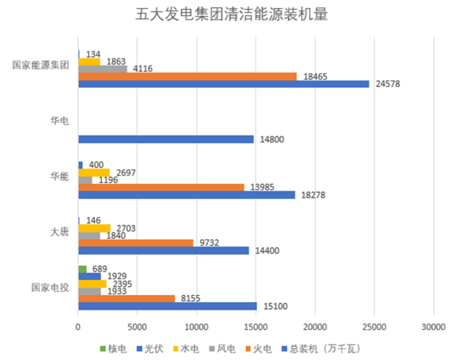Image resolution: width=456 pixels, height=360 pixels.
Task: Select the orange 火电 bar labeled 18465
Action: coord(187,76)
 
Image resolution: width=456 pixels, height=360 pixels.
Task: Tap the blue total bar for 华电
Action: coord(166,139)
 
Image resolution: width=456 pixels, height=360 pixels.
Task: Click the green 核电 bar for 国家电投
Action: coord(83,268)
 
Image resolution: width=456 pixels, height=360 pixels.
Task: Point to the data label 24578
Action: coord(388,84)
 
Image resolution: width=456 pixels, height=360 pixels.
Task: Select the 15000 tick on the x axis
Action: coord(256,327)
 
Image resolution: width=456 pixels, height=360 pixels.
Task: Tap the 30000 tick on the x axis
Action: coord(434,327)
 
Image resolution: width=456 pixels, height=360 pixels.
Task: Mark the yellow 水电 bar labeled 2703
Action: coord(94,228)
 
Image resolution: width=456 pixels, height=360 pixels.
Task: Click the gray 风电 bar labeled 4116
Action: coord(103,68)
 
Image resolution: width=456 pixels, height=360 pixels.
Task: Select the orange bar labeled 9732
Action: coord(136,243)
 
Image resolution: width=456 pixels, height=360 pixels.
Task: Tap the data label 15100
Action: coord(273,306)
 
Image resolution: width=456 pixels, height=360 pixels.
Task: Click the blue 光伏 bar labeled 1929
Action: coord(90,276)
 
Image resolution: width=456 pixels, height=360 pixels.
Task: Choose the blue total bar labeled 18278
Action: coord(186,195)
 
